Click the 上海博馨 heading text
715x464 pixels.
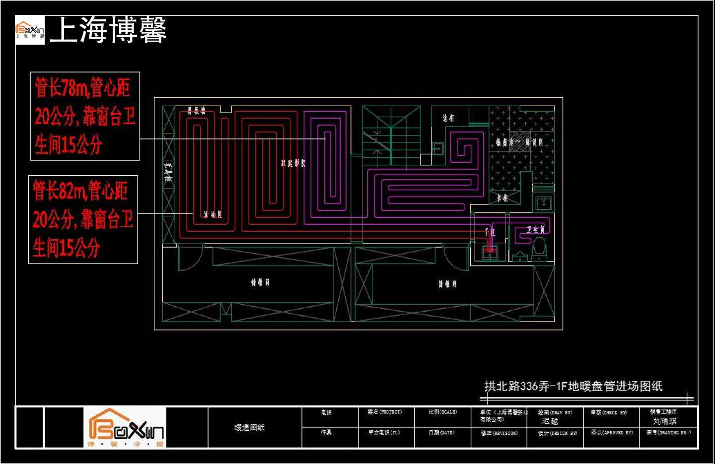[x=108, y=30]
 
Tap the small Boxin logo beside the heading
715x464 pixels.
[x=30, y=30]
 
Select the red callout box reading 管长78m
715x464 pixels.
[x=85, y=116]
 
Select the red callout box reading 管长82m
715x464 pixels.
[x=83, y=219]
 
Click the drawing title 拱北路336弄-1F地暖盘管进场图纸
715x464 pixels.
[x=573, y=386]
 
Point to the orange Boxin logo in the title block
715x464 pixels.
[x=125, y=427]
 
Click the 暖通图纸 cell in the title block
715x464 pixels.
[x=249, y=427]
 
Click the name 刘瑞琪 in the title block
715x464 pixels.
[x=664, y=421]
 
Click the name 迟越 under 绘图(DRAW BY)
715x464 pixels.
[x=550, y=421]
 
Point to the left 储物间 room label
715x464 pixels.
[x=260, y=282]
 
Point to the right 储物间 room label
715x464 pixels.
[x=447, y=283]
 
